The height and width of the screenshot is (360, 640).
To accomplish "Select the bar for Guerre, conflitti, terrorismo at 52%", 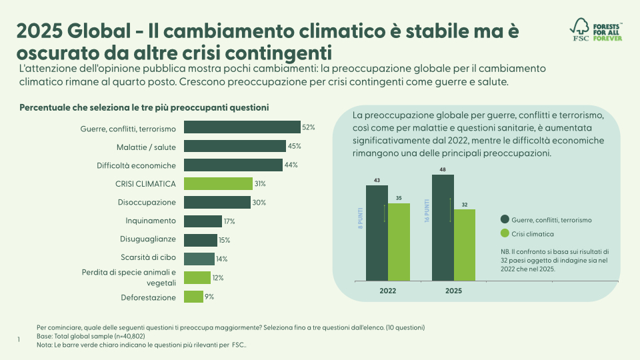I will coord(241,127).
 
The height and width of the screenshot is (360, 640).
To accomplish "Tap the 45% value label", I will coord(294,146).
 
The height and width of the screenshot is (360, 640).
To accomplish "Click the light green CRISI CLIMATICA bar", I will coord(218,183).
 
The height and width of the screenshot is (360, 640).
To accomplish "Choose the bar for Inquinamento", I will coord(203,221).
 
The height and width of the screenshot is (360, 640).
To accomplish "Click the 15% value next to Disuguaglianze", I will coord(225,240).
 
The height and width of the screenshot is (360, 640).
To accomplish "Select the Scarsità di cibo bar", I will coord(199,259).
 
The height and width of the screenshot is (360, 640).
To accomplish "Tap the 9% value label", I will coord(209,297).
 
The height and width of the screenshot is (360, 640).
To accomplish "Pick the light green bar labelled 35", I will coord(399,241).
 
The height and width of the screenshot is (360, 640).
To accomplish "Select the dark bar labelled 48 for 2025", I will coord(443,227).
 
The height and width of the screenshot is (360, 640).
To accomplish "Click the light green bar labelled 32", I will coord(465,245).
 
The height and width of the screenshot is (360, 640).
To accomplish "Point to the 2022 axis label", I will coord(388,291).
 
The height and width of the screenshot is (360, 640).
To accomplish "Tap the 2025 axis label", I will coord(453,291).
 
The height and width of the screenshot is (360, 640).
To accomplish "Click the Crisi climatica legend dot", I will coord(505,233).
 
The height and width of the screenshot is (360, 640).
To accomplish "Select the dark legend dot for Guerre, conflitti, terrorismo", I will coord(505,219).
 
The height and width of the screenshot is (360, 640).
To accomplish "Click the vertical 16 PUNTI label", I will coord(427,210).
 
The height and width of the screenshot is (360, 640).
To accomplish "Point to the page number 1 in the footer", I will coord(19,340).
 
